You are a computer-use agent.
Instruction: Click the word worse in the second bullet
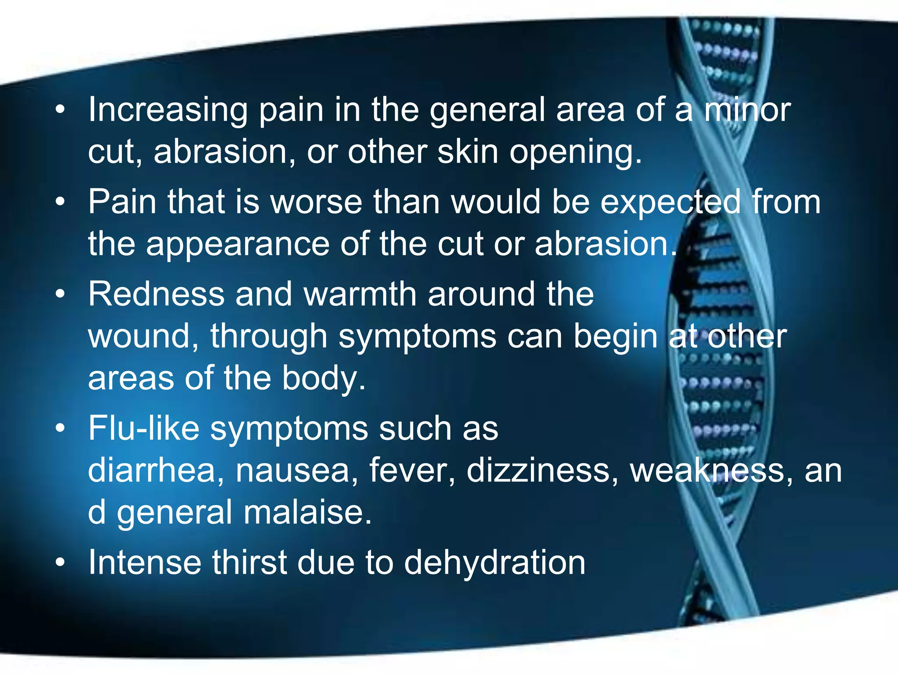316,202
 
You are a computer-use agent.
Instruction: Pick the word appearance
237,244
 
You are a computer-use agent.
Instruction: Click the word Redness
156,294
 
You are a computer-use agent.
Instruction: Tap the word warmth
360,294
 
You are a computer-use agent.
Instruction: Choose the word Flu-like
144,428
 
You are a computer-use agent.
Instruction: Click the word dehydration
494,563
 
